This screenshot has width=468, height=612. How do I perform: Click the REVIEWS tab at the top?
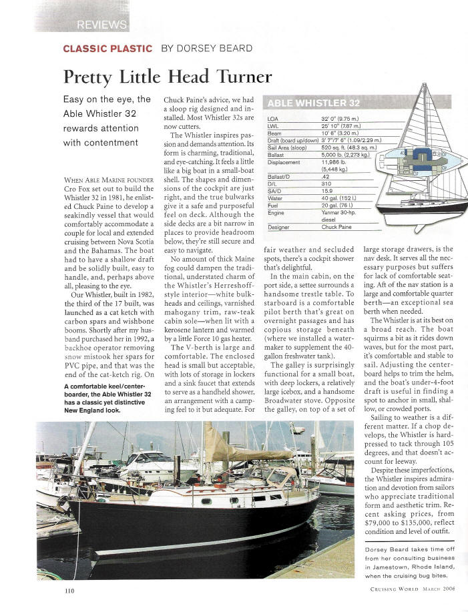coord(101,25)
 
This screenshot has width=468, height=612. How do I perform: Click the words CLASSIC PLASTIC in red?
coord(106,48)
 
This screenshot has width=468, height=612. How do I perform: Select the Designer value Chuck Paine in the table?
coord(338,227)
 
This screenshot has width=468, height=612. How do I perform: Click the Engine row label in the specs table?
coord(276,212)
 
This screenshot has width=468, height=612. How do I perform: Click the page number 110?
coord(70,591)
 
